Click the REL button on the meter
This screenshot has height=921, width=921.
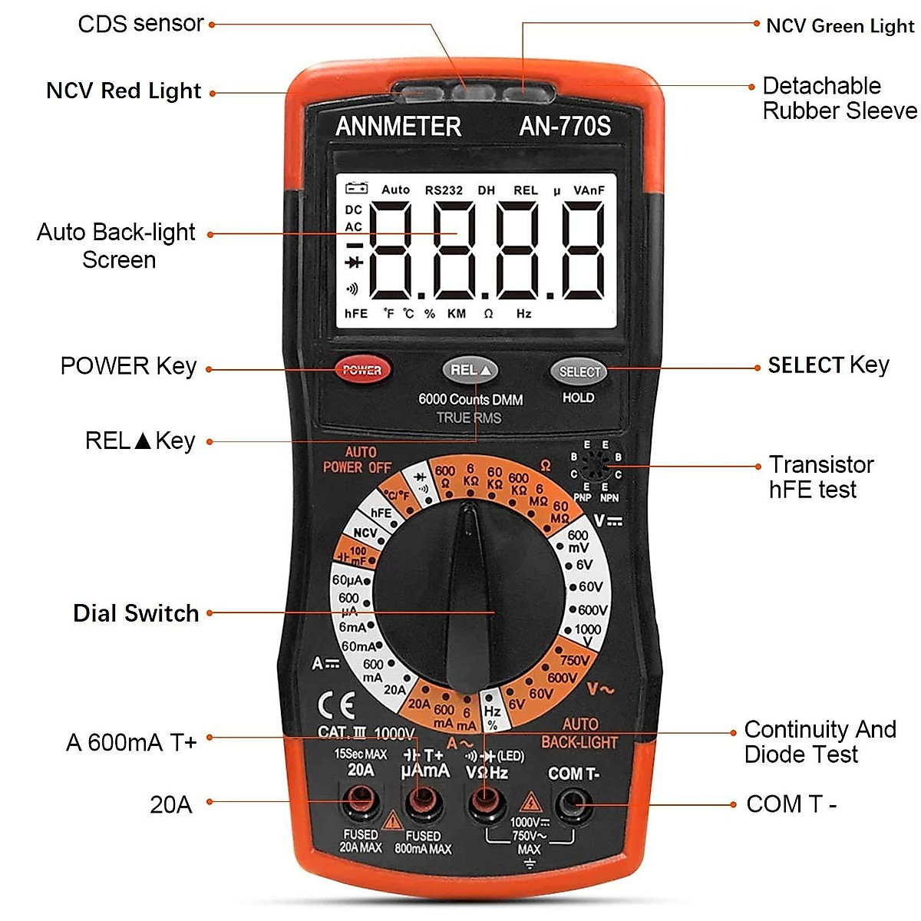tap(470, 371)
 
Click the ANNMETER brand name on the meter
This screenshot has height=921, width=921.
tap(398, 127)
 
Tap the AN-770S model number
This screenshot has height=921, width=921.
tap(565, 126)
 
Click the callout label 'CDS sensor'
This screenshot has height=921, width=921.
tap(140, 24)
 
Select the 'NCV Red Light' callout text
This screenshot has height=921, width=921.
tap(124, 91)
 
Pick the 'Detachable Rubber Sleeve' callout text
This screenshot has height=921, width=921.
tap(839, 98)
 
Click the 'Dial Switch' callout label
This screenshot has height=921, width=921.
tap(136, 613)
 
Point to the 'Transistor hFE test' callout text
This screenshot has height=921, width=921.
tap(821, 477)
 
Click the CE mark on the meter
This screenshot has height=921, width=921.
tap(336, 706)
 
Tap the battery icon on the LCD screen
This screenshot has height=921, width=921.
tap(356, 188)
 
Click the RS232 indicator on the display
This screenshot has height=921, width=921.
tap(444, 190)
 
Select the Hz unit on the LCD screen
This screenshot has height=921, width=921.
tap(523, 313)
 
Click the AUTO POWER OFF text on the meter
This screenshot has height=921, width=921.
tap(357, 460)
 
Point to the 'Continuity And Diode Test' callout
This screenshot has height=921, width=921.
tap(820, 741)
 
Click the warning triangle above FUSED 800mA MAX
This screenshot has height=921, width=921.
tap(393, 820)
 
